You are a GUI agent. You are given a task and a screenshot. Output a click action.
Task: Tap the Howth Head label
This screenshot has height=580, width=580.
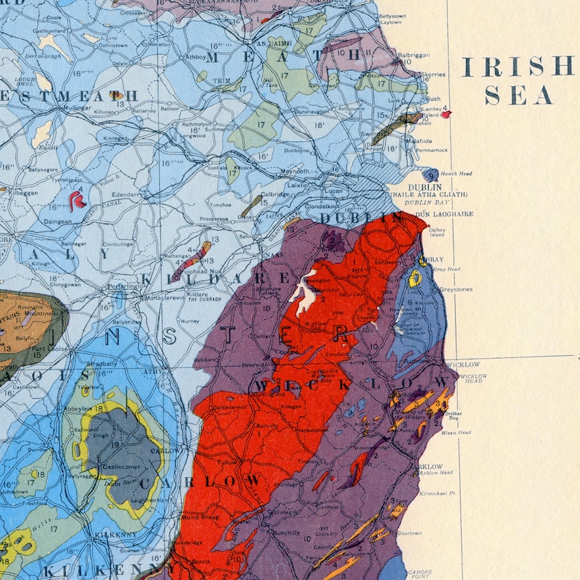coord(456,174)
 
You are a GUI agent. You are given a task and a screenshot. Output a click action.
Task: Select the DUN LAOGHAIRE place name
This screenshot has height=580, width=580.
coord(444,214)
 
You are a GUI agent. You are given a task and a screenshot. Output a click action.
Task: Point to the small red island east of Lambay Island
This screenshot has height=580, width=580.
coord(446,113)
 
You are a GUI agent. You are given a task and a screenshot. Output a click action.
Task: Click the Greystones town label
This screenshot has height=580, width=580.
coord(456,289)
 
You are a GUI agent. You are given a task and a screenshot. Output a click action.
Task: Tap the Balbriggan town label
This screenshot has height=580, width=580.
coord(413,55)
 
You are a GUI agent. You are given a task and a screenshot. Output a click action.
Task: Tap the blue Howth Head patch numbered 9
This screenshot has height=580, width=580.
coord(432,175)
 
